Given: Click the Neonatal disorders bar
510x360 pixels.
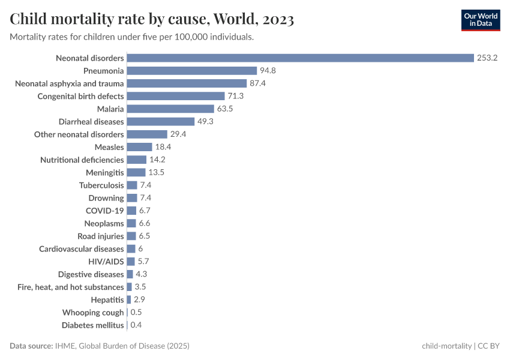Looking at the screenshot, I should point(300,58).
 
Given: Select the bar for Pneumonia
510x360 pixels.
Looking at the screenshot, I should point(192,71).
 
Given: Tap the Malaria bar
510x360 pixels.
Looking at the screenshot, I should point(170,109).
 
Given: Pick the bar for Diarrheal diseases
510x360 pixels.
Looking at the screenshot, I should point(161,122).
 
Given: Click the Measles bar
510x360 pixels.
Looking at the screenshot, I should point(140,147).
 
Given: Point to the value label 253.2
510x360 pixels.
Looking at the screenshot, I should point(488,58).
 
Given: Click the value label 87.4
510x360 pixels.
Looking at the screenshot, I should point(257,83).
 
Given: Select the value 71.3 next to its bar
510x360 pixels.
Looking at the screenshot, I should point(235,96).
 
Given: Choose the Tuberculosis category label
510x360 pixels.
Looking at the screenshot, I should point(101,185).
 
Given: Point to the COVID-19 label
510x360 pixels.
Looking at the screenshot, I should point(105,211).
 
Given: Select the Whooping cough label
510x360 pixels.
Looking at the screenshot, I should point(93,313).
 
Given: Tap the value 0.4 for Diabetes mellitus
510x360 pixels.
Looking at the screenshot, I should point(136,325).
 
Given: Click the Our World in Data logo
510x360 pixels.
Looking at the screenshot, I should point(481,20).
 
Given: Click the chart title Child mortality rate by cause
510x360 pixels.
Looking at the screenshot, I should point(152,20).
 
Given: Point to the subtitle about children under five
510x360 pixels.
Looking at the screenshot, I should point(132,37).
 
